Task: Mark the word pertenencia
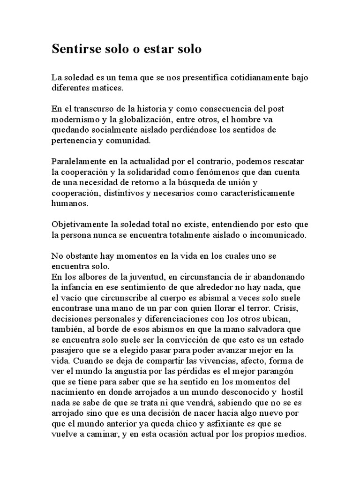tap(75, 139)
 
